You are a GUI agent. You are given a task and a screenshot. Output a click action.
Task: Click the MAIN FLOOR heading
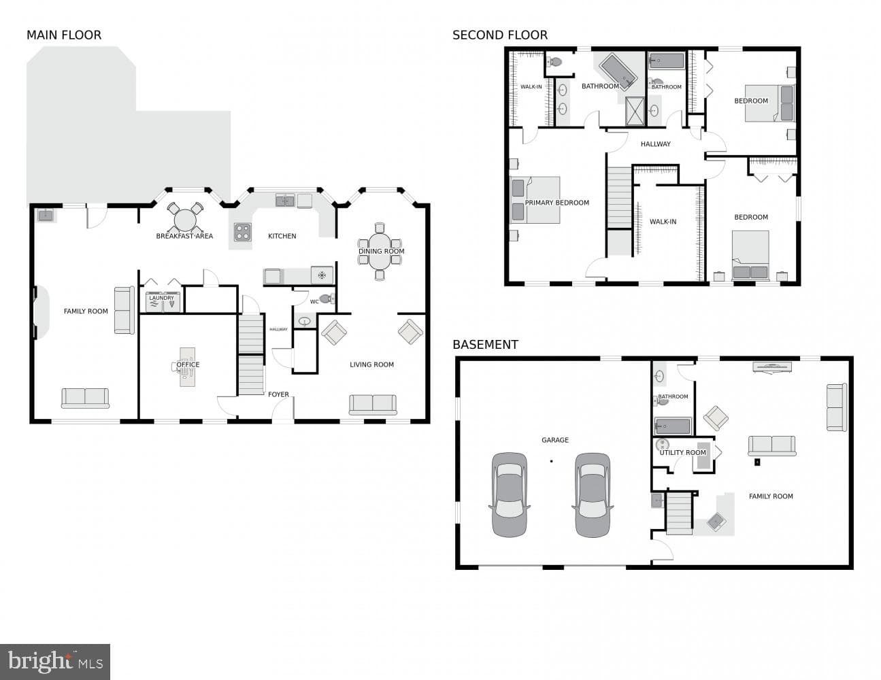[x=64, y=35]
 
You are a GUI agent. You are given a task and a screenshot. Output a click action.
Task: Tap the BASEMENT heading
[x=485, y=345]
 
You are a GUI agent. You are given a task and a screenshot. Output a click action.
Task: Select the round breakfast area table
[x=185, y=220]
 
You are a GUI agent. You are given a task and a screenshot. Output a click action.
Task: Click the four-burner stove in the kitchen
[x=242, y=233]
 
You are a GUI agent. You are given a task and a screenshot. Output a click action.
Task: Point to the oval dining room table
[x=380, y=252]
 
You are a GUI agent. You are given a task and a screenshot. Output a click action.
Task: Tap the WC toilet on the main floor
[x=327, y=299]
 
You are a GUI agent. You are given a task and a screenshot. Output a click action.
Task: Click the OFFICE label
[x=188, y=364]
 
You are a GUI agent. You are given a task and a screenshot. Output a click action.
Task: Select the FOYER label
[x=278, y=394]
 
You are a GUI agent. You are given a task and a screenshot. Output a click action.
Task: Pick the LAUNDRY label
[x=161, y=298]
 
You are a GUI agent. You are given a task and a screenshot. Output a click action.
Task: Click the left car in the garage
[x=510, y=495]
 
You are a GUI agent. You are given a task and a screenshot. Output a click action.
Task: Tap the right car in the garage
[x=593, y=495]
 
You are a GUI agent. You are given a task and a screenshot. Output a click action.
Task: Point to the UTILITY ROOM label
[x=683, y=453]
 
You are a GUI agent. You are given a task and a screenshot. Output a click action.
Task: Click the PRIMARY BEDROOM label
[x=557, y=203]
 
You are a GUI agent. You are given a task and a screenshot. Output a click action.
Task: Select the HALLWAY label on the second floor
[x=656, y=144]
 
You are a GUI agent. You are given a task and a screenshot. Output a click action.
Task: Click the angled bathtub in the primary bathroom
[x=618, y=71]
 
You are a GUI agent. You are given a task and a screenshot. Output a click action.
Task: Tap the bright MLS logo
[x=55, y=661]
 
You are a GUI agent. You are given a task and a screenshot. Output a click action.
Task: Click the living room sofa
[x=373, y=405]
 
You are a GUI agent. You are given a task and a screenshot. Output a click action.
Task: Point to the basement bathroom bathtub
[x=673, y=426]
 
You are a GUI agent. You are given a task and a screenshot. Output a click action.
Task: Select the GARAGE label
[x=555, y=440]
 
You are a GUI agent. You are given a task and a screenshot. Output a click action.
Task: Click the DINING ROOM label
[x=382, y=251]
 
